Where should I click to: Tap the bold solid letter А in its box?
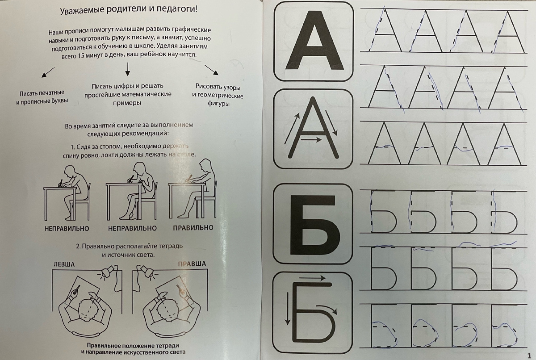(x=314, y=41)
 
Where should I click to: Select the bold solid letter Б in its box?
(x=314, y=224)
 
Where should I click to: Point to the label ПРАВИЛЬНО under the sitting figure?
(x=193, y=227)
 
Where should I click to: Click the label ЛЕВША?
(x=64, y=264)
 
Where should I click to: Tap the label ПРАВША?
(x=192, y=264)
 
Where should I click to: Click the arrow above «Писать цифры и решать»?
(x=128, y=69)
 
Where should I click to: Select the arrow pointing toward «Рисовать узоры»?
(x=212, y=70)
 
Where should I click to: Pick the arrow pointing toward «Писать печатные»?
(x=48, y=72)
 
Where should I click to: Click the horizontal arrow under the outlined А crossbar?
(x=311, y=139)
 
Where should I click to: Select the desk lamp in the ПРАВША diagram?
(x=147, y=272)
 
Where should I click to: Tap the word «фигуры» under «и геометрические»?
(x=218, y=104)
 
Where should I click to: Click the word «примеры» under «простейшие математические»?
(x=127, y=103)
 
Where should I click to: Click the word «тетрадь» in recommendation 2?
(x=170, y=246)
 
